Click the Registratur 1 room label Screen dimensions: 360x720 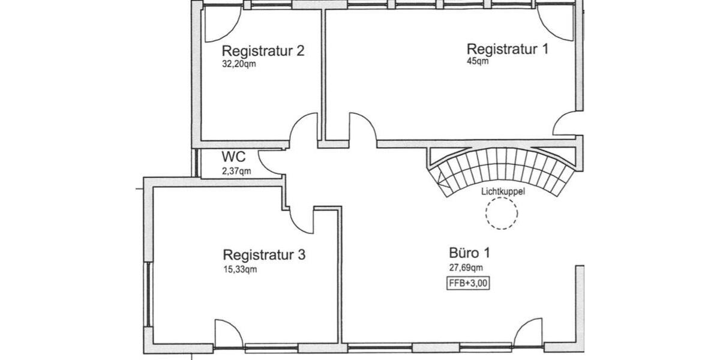tap(508, 49)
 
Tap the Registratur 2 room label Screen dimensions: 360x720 tap(263, 50)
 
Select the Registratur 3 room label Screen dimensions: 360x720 tap(264, 255)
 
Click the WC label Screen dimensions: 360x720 tap(233, 158)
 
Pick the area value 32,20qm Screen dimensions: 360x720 tap(239, 64)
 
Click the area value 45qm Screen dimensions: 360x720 tap(478, 61)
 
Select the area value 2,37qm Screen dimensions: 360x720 tap(236, 171)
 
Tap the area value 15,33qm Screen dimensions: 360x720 tap(240, 269)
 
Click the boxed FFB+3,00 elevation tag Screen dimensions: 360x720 tap(468, 284)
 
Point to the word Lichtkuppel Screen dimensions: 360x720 tap(503, 192)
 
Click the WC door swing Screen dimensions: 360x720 tap(270, 162)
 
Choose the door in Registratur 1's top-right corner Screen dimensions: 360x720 tap(557, 24)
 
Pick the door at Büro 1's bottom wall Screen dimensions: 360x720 tap(529, 333)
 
